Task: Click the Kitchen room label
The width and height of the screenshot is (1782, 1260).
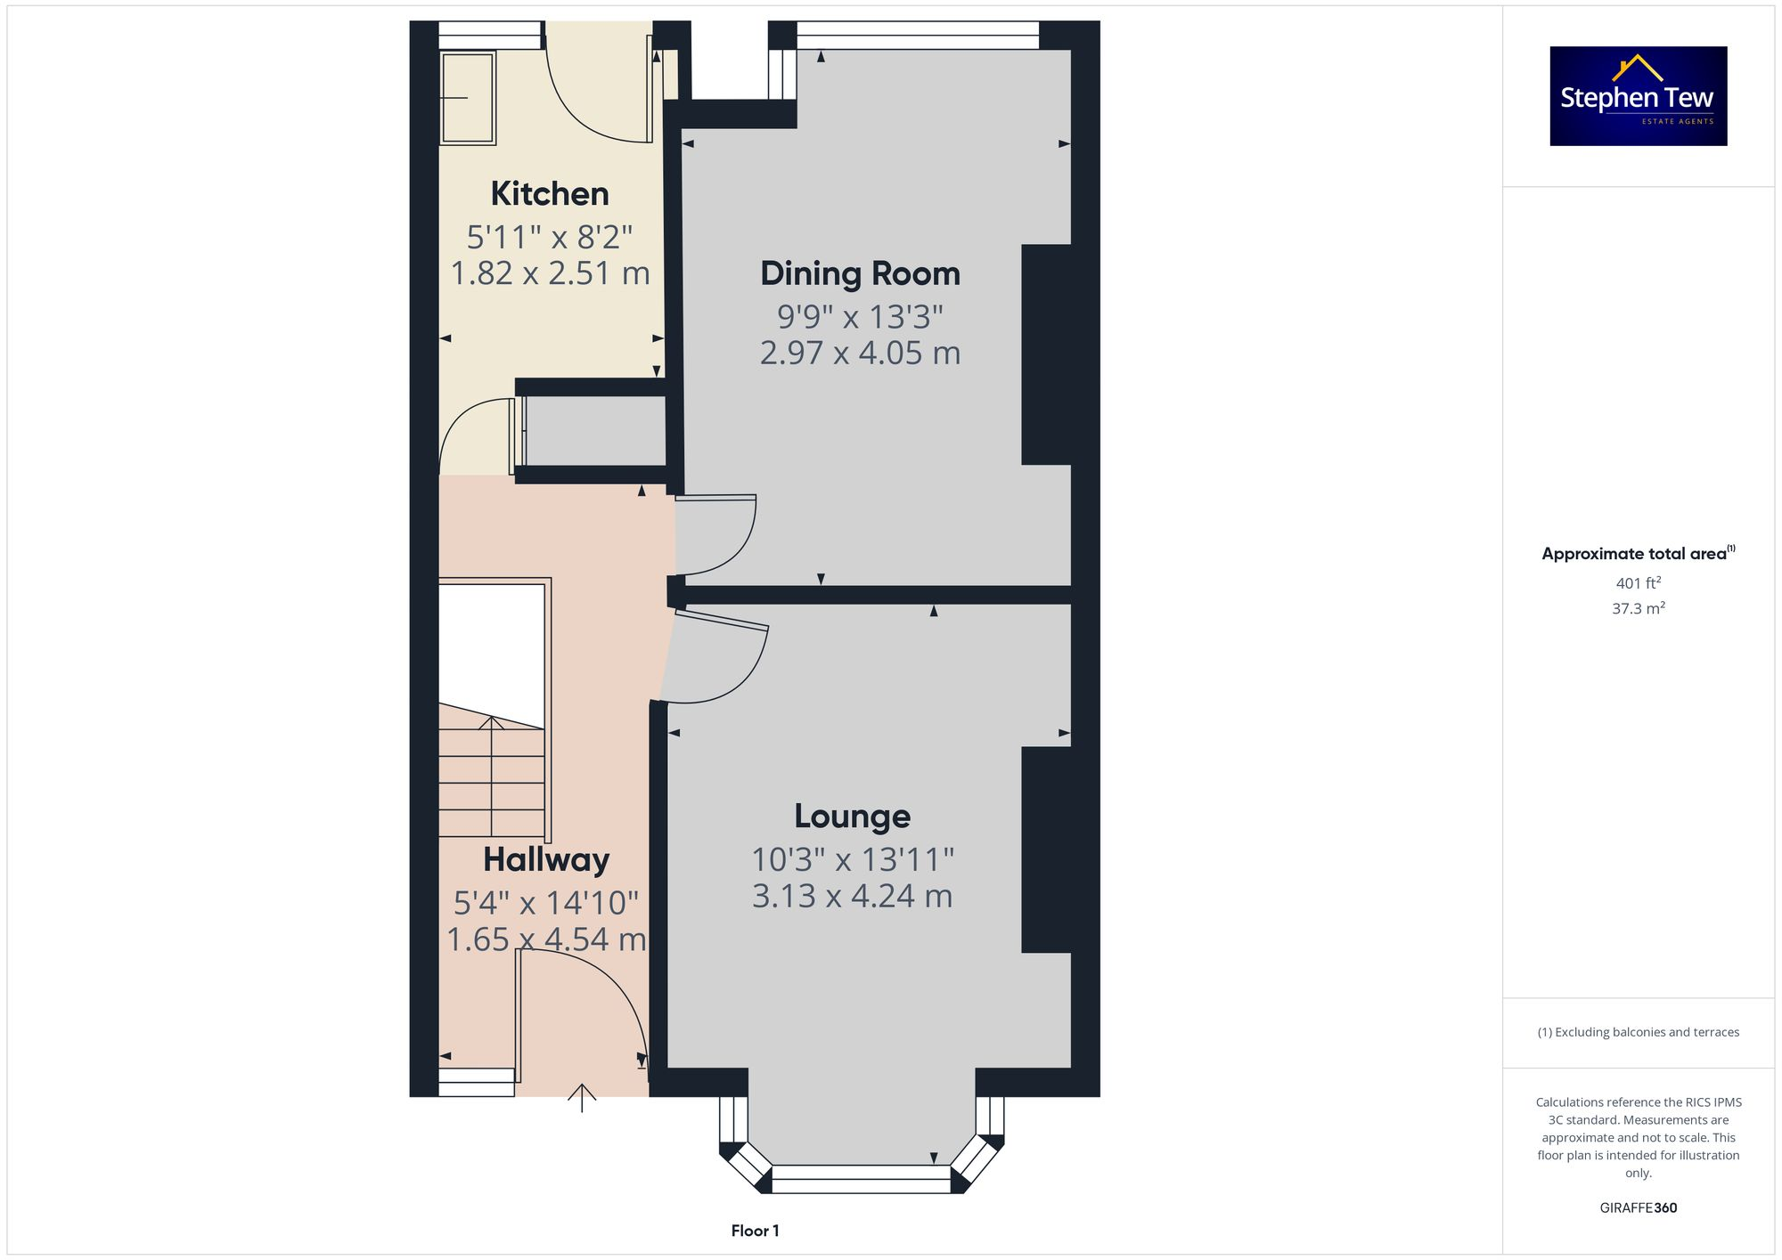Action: click(550, 193)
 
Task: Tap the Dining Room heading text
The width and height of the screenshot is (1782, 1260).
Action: click(860, 273)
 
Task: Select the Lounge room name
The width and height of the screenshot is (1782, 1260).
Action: click(852, 816)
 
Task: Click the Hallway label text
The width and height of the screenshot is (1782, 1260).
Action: click(546, 859)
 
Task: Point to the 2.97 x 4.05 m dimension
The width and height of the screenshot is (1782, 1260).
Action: click(860, 353)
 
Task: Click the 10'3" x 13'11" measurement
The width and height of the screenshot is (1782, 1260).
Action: click(852, 859)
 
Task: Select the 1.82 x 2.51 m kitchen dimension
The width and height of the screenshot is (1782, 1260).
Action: click(550, 272)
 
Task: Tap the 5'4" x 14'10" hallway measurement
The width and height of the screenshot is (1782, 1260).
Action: click(546, 903)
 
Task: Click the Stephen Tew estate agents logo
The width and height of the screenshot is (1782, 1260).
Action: click(1638, 96)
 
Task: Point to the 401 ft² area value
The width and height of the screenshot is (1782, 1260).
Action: click(1638, 583)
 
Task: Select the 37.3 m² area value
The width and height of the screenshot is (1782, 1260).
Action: click(1638, 608)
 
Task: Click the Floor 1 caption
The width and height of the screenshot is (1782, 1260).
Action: click(755, 1231)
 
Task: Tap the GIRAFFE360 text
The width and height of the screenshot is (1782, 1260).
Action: click(1638, 1207)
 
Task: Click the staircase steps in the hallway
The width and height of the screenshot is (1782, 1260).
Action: click(491, 779)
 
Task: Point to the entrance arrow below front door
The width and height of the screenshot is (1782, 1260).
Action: click(582, 1098)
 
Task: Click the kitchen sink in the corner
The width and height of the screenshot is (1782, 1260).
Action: click(467, 98)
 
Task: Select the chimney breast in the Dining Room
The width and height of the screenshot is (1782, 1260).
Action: click(1045, 354)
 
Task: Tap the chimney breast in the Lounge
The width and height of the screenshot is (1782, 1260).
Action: click(1045, 849)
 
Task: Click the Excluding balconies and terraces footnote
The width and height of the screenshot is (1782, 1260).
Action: click(1638, 1032)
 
